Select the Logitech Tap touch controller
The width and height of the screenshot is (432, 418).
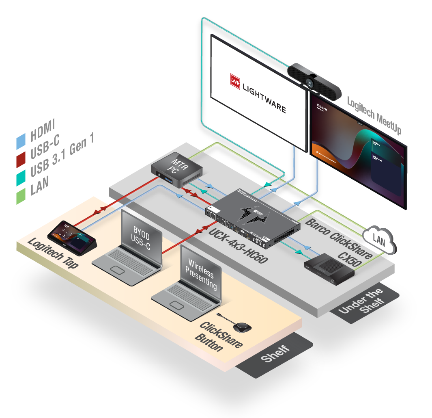click(x=71, y=236)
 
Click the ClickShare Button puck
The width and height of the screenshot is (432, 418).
click(x=241, y=326)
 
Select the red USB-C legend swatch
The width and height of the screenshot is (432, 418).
click(x=21, y=159)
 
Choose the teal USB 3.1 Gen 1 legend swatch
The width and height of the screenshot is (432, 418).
click(x=21, y=178)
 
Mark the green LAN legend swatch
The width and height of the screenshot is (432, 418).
click(x=21, y=196)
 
